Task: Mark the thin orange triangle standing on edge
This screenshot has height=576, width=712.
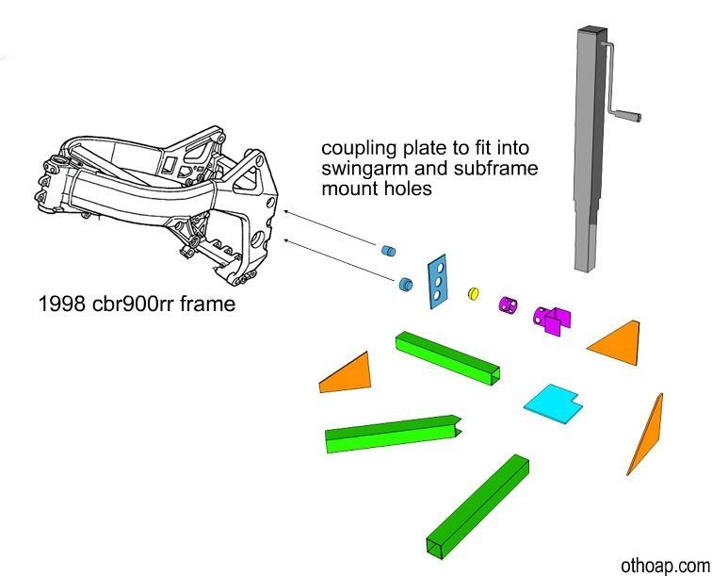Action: click(x=646, y=436)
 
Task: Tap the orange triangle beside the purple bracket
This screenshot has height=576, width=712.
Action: click(x=617, y=341)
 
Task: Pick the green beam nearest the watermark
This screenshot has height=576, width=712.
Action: click(x=479, y=504)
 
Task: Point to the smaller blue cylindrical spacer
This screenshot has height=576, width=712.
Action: click(x=386, y=251)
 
